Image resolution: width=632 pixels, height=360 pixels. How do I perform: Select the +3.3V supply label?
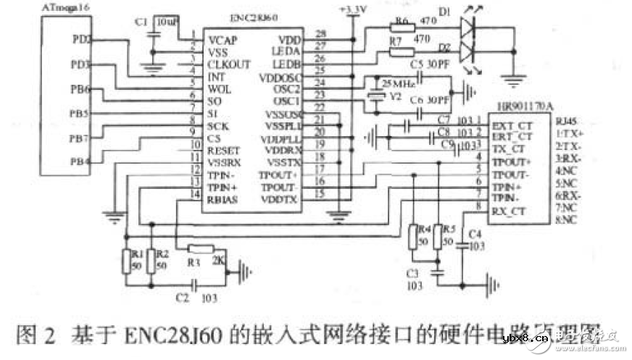[354, 9]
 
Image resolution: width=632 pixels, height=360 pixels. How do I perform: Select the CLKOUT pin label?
[228, 64]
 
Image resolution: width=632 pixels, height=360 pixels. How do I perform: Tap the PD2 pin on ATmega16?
[80, 39]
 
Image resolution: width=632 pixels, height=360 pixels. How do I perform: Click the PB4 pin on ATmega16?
[80, 162]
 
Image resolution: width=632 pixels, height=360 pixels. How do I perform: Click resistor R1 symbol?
[126, 260]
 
